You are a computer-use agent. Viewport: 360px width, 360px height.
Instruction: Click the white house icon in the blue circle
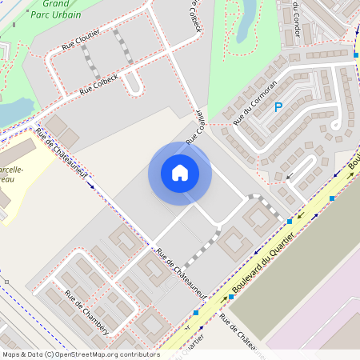click(x=180, y=173)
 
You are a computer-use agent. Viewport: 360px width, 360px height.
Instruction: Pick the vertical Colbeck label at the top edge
click(x=194, y=16)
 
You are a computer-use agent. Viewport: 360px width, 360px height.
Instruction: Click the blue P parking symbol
click(x=278, y=107)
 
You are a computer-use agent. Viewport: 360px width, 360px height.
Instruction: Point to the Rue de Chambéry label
click(x=86, y=311)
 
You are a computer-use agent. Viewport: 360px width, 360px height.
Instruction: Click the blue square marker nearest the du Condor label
click(x=355, y=54)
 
